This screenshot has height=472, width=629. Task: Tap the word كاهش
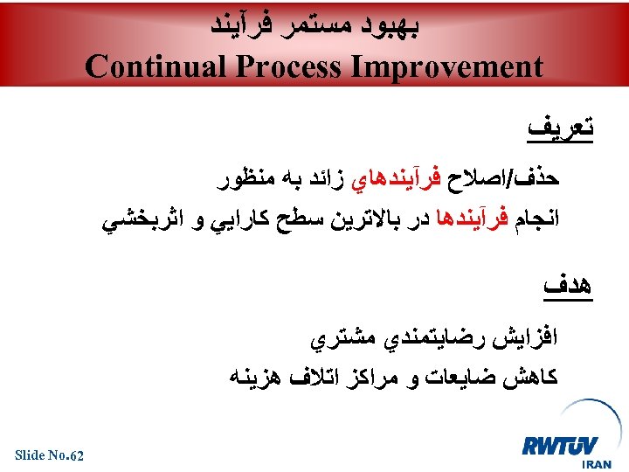(532, 377)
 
